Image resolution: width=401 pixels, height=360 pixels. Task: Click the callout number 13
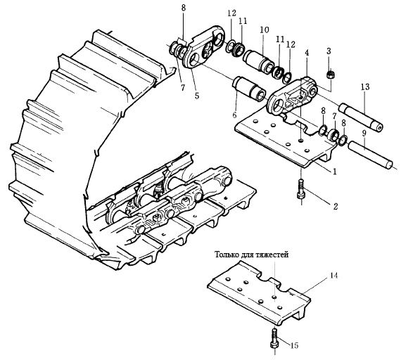(x=365, y=87)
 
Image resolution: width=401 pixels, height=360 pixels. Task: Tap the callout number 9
(x=364, y=133)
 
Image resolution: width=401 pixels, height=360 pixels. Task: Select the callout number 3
(x=329, y=51)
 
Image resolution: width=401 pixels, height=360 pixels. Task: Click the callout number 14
(x=333, y=276)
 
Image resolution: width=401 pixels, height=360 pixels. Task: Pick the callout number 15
(x=294, y=346)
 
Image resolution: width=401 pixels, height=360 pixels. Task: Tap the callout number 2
(x=336, y=206)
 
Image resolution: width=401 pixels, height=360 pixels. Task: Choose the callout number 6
(x=235, y=115)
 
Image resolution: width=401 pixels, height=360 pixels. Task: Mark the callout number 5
(x=197, y=96)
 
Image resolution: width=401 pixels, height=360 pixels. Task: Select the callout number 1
(x=334, y=172)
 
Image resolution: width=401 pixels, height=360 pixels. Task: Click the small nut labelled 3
(x=331, y=75)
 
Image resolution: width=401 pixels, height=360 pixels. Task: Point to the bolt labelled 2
(x=301, y=190)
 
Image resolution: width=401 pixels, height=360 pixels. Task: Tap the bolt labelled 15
(x=274, y=340)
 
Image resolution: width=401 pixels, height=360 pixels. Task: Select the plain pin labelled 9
(x=370, y=155)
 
